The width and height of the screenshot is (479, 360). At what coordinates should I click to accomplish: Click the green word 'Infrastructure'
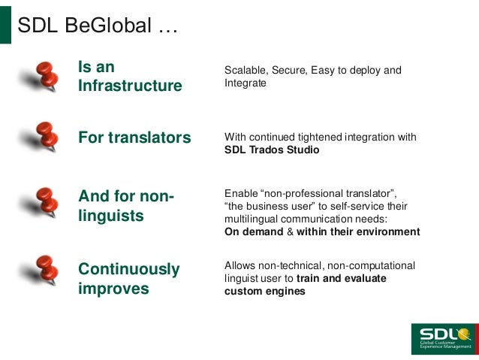pyautogui.click(x=130, y=86)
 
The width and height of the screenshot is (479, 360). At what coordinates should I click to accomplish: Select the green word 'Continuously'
pyautogui.click(x=129, y=269)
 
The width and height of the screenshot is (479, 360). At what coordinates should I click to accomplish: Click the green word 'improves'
pyautogui.click(x=113, y=289)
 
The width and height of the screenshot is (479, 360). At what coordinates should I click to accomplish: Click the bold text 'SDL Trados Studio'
pyautogui.click(x=272, y=150)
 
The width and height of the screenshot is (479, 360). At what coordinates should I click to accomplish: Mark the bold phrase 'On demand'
pyautogui.click(x=253, y=231)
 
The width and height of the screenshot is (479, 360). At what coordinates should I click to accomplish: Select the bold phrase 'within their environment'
pyautogui.click(x=358, y=231)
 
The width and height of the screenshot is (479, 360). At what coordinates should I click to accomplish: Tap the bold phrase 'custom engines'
pyautogui.click(x=265, y=291)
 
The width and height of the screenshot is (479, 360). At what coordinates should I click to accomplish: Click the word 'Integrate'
pyautogui.click(x=246, y=83)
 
